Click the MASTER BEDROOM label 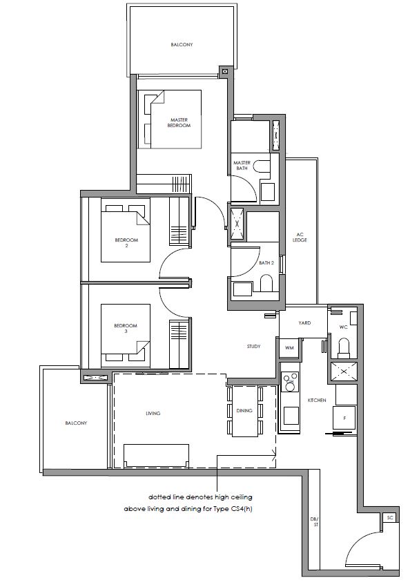(179, 123)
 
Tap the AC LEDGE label (300, 238)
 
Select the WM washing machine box (289, 348)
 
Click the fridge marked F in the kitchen (344, 418)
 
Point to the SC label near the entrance (390, 518)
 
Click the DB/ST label (314, 522)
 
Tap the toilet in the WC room (344, 346)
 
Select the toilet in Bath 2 (266, 283)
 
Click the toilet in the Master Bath (261, 166)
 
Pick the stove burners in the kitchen (290, 381)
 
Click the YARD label (304, 323)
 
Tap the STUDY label (253, 347)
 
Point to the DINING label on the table (244, 411)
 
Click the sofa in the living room (157, 456)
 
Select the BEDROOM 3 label (126, 328)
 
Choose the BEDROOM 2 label (126, 242)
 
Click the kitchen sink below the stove (291, 415)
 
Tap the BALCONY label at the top (182, 45)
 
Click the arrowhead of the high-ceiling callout (275, 456)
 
